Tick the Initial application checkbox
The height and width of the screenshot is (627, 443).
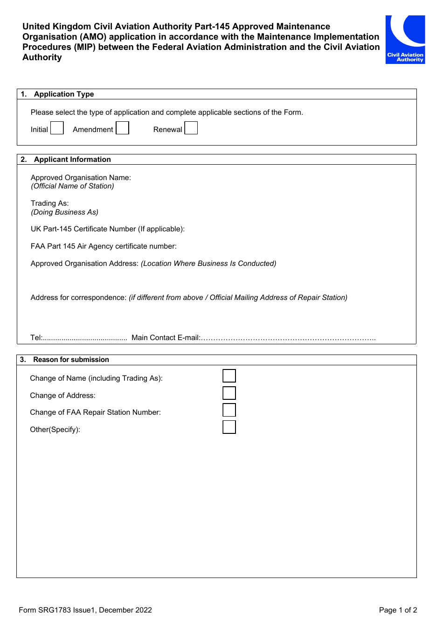[57, 128]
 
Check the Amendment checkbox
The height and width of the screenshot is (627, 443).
[122, 128]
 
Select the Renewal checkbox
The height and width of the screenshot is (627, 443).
[191, 128]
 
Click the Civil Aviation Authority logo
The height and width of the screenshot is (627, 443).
[405, 40]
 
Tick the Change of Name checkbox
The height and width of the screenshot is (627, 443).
[229, 376]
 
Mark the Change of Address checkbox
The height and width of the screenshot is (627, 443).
[229, 393]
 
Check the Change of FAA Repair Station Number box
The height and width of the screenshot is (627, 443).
[229, 410]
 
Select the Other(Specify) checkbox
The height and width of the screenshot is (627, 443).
[229, 427]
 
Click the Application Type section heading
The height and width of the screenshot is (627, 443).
[64, 94]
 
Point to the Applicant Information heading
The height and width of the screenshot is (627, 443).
[72, 160]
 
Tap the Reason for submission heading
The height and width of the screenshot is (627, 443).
[71, 360]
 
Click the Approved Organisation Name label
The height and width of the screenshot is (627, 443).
[81, 178]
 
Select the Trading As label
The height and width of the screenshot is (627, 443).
[49, 203]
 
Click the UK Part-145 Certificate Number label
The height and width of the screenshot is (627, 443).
[107, 229]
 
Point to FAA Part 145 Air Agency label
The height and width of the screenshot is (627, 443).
[104, 246]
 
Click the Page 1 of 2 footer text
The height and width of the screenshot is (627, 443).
[398, 610]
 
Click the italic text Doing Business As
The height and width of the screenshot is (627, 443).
[64, 212]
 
